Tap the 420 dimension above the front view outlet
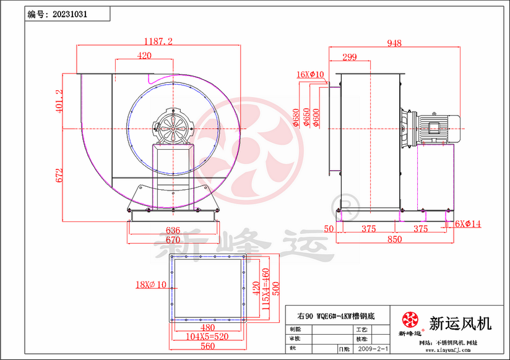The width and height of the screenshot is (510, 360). click(144, 56)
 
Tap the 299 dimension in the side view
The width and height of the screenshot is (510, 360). click(349, 58)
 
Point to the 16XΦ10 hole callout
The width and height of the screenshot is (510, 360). click(310, 75)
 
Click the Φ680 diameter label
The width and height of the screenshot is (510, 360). click(296, 118)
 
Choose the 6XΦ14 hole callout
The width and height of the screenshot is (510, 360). click(468, 223)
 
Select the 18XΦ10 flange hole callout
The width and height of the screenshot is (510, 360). click(152, 285)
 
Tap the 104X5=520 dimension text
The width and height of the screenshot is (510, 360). click(208, 337)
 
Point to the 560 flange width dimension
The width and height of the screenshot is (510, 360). click(208, 347)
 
